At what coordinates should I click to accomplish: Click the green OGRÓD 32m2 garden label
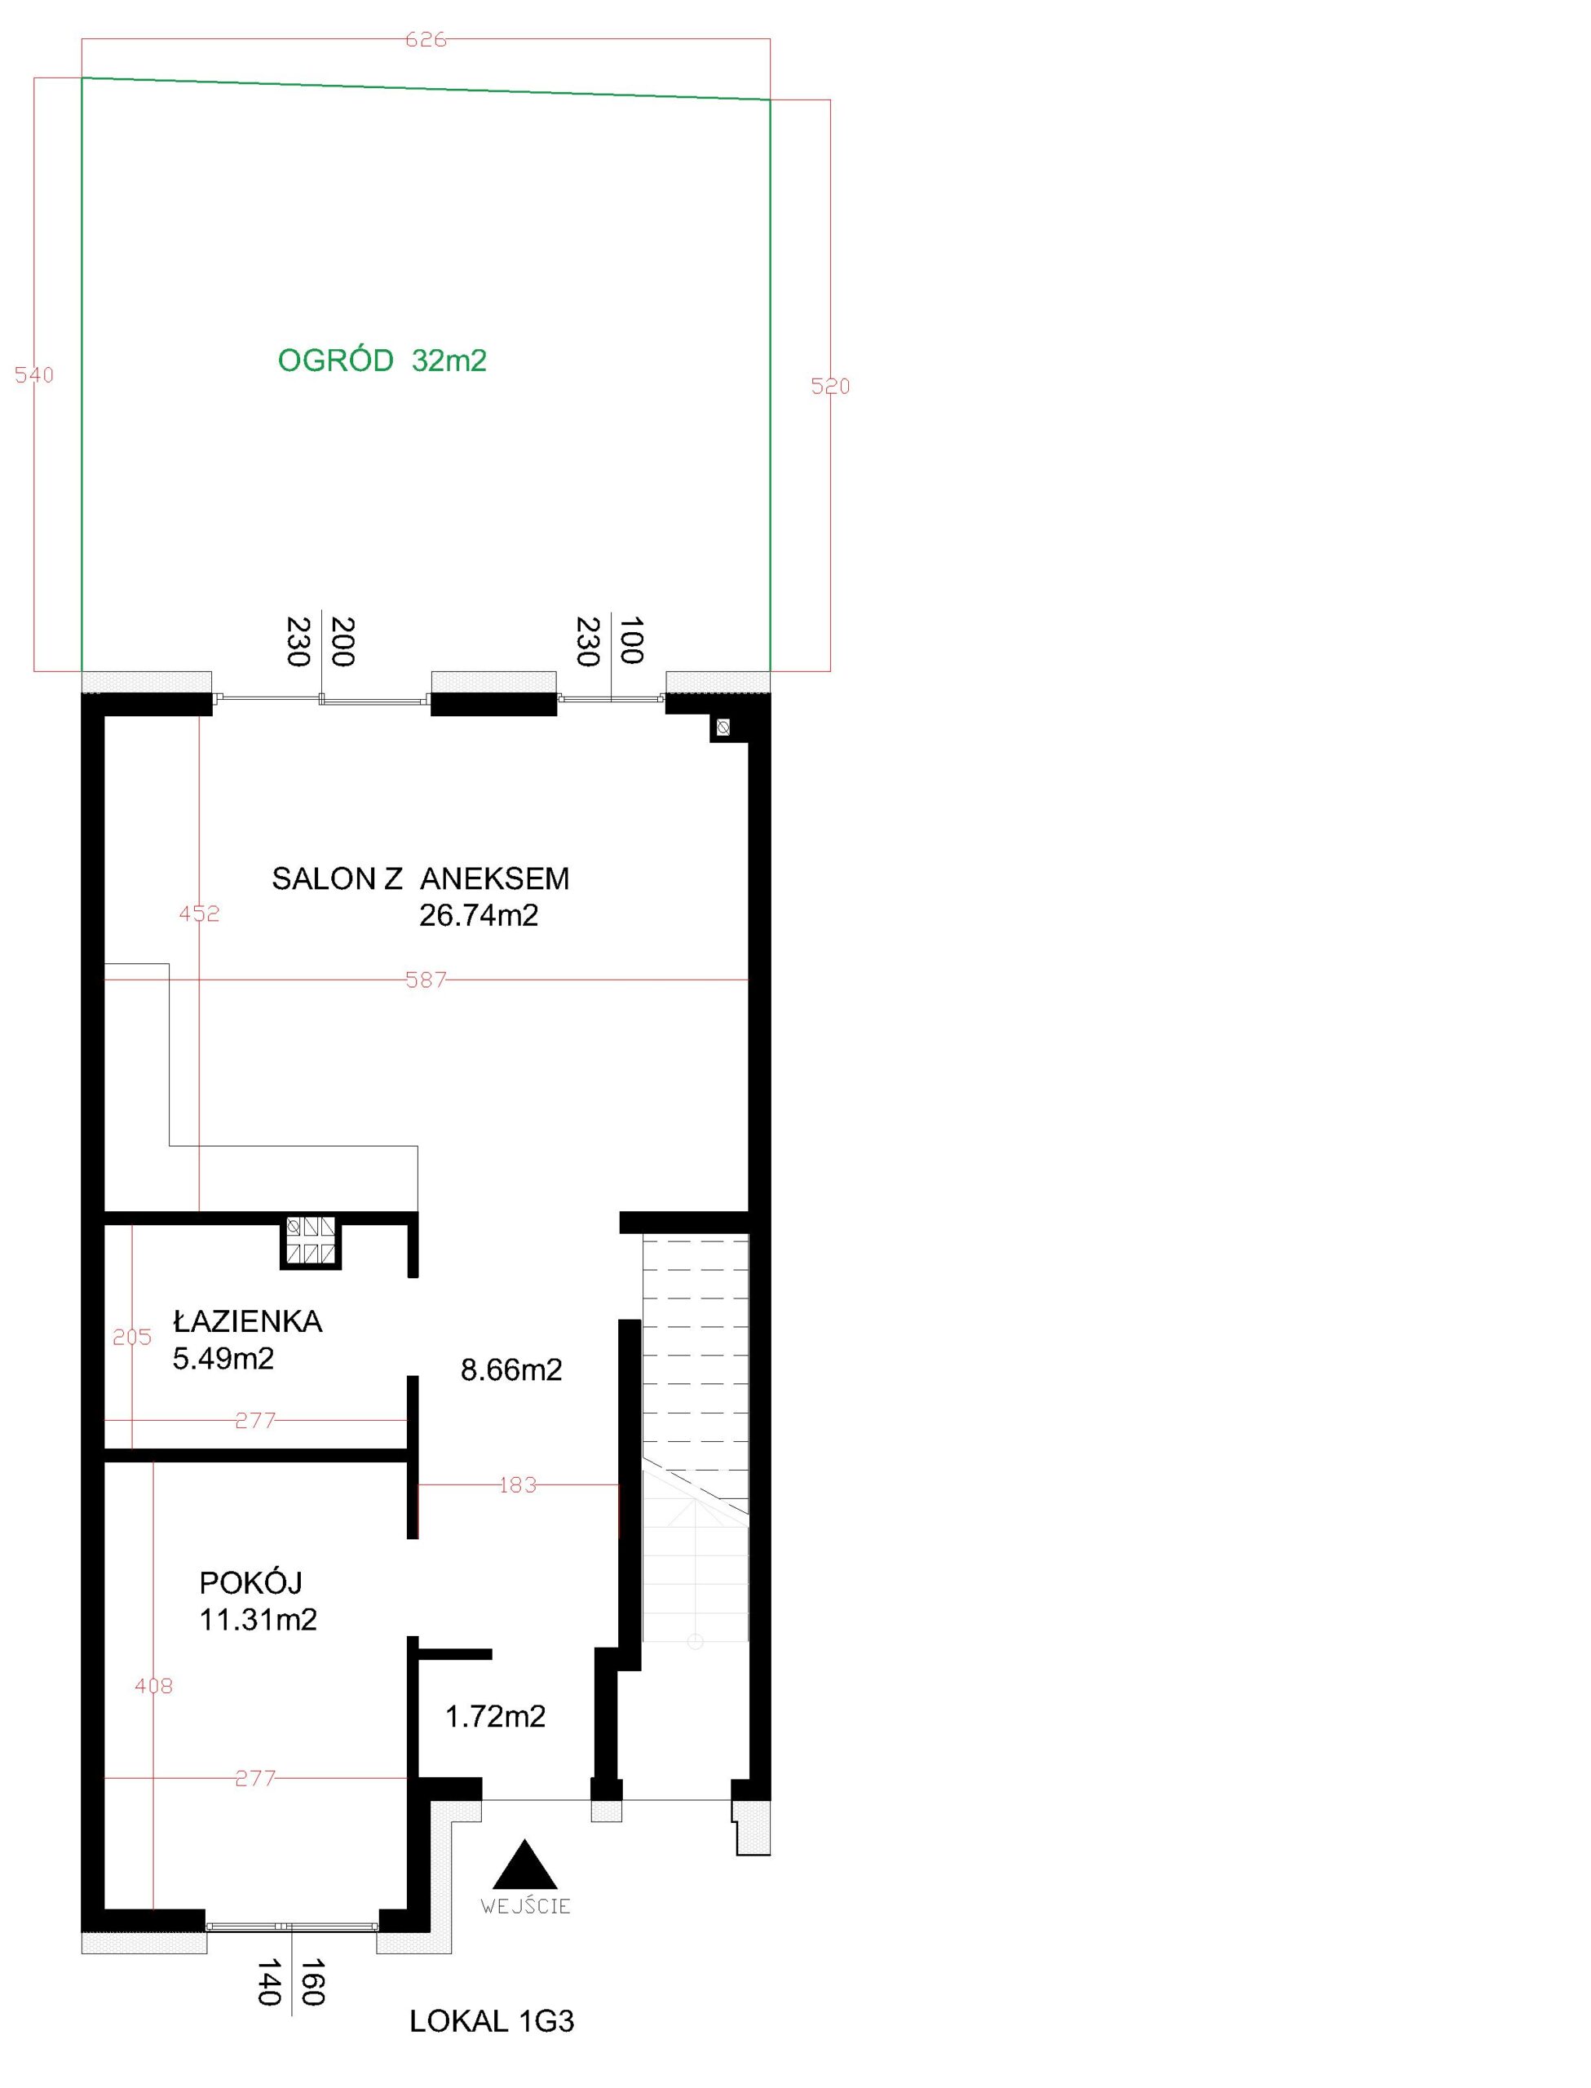point(382,361)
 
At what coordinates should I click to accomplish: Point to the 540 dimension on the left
point(34,375)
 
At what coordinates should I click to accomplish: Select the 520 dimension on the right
point(830,387)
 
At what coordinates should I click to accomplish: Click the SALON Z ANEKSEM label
point(421,878)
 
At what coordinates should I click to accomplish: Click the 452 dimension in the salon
point(199,913)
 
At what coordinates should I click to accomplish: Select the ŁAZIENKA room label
point(247,1322)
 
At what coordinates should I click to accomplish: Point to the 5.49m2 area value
point(223,1360)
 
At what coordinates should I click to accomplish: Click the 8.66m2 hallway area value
point(511,1370)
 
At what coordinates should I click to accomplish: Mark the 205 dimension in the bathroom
point(131,1337)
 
